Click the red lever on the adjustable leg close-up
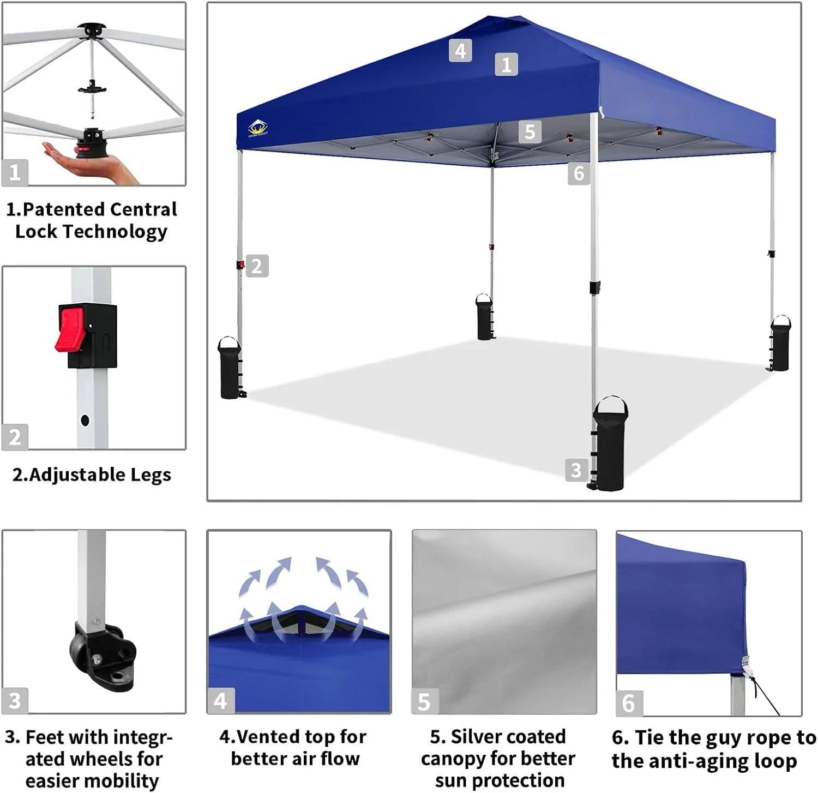point(70,329)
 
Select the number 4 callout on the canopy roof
point(460,51)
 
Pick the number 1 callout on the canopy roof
point(506,64)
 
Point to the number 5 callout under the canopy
point(530,132)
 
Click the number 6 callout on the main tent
point(579,173)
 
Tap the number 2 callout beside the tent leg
point(257,266)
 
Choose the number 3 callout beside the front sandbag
point(576,470)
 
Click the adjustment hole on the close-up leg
point(85,420)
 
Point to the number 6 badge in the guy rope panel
point(628,703)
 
